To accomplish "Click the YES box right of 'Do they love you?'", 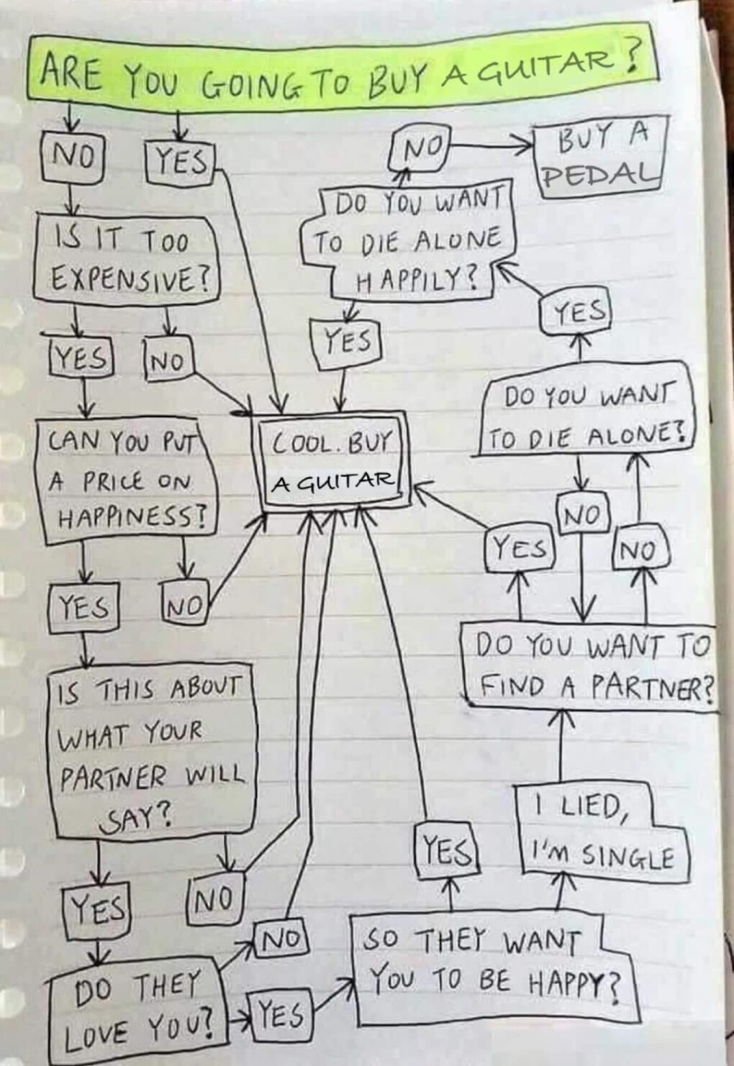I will point(281,1014).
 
